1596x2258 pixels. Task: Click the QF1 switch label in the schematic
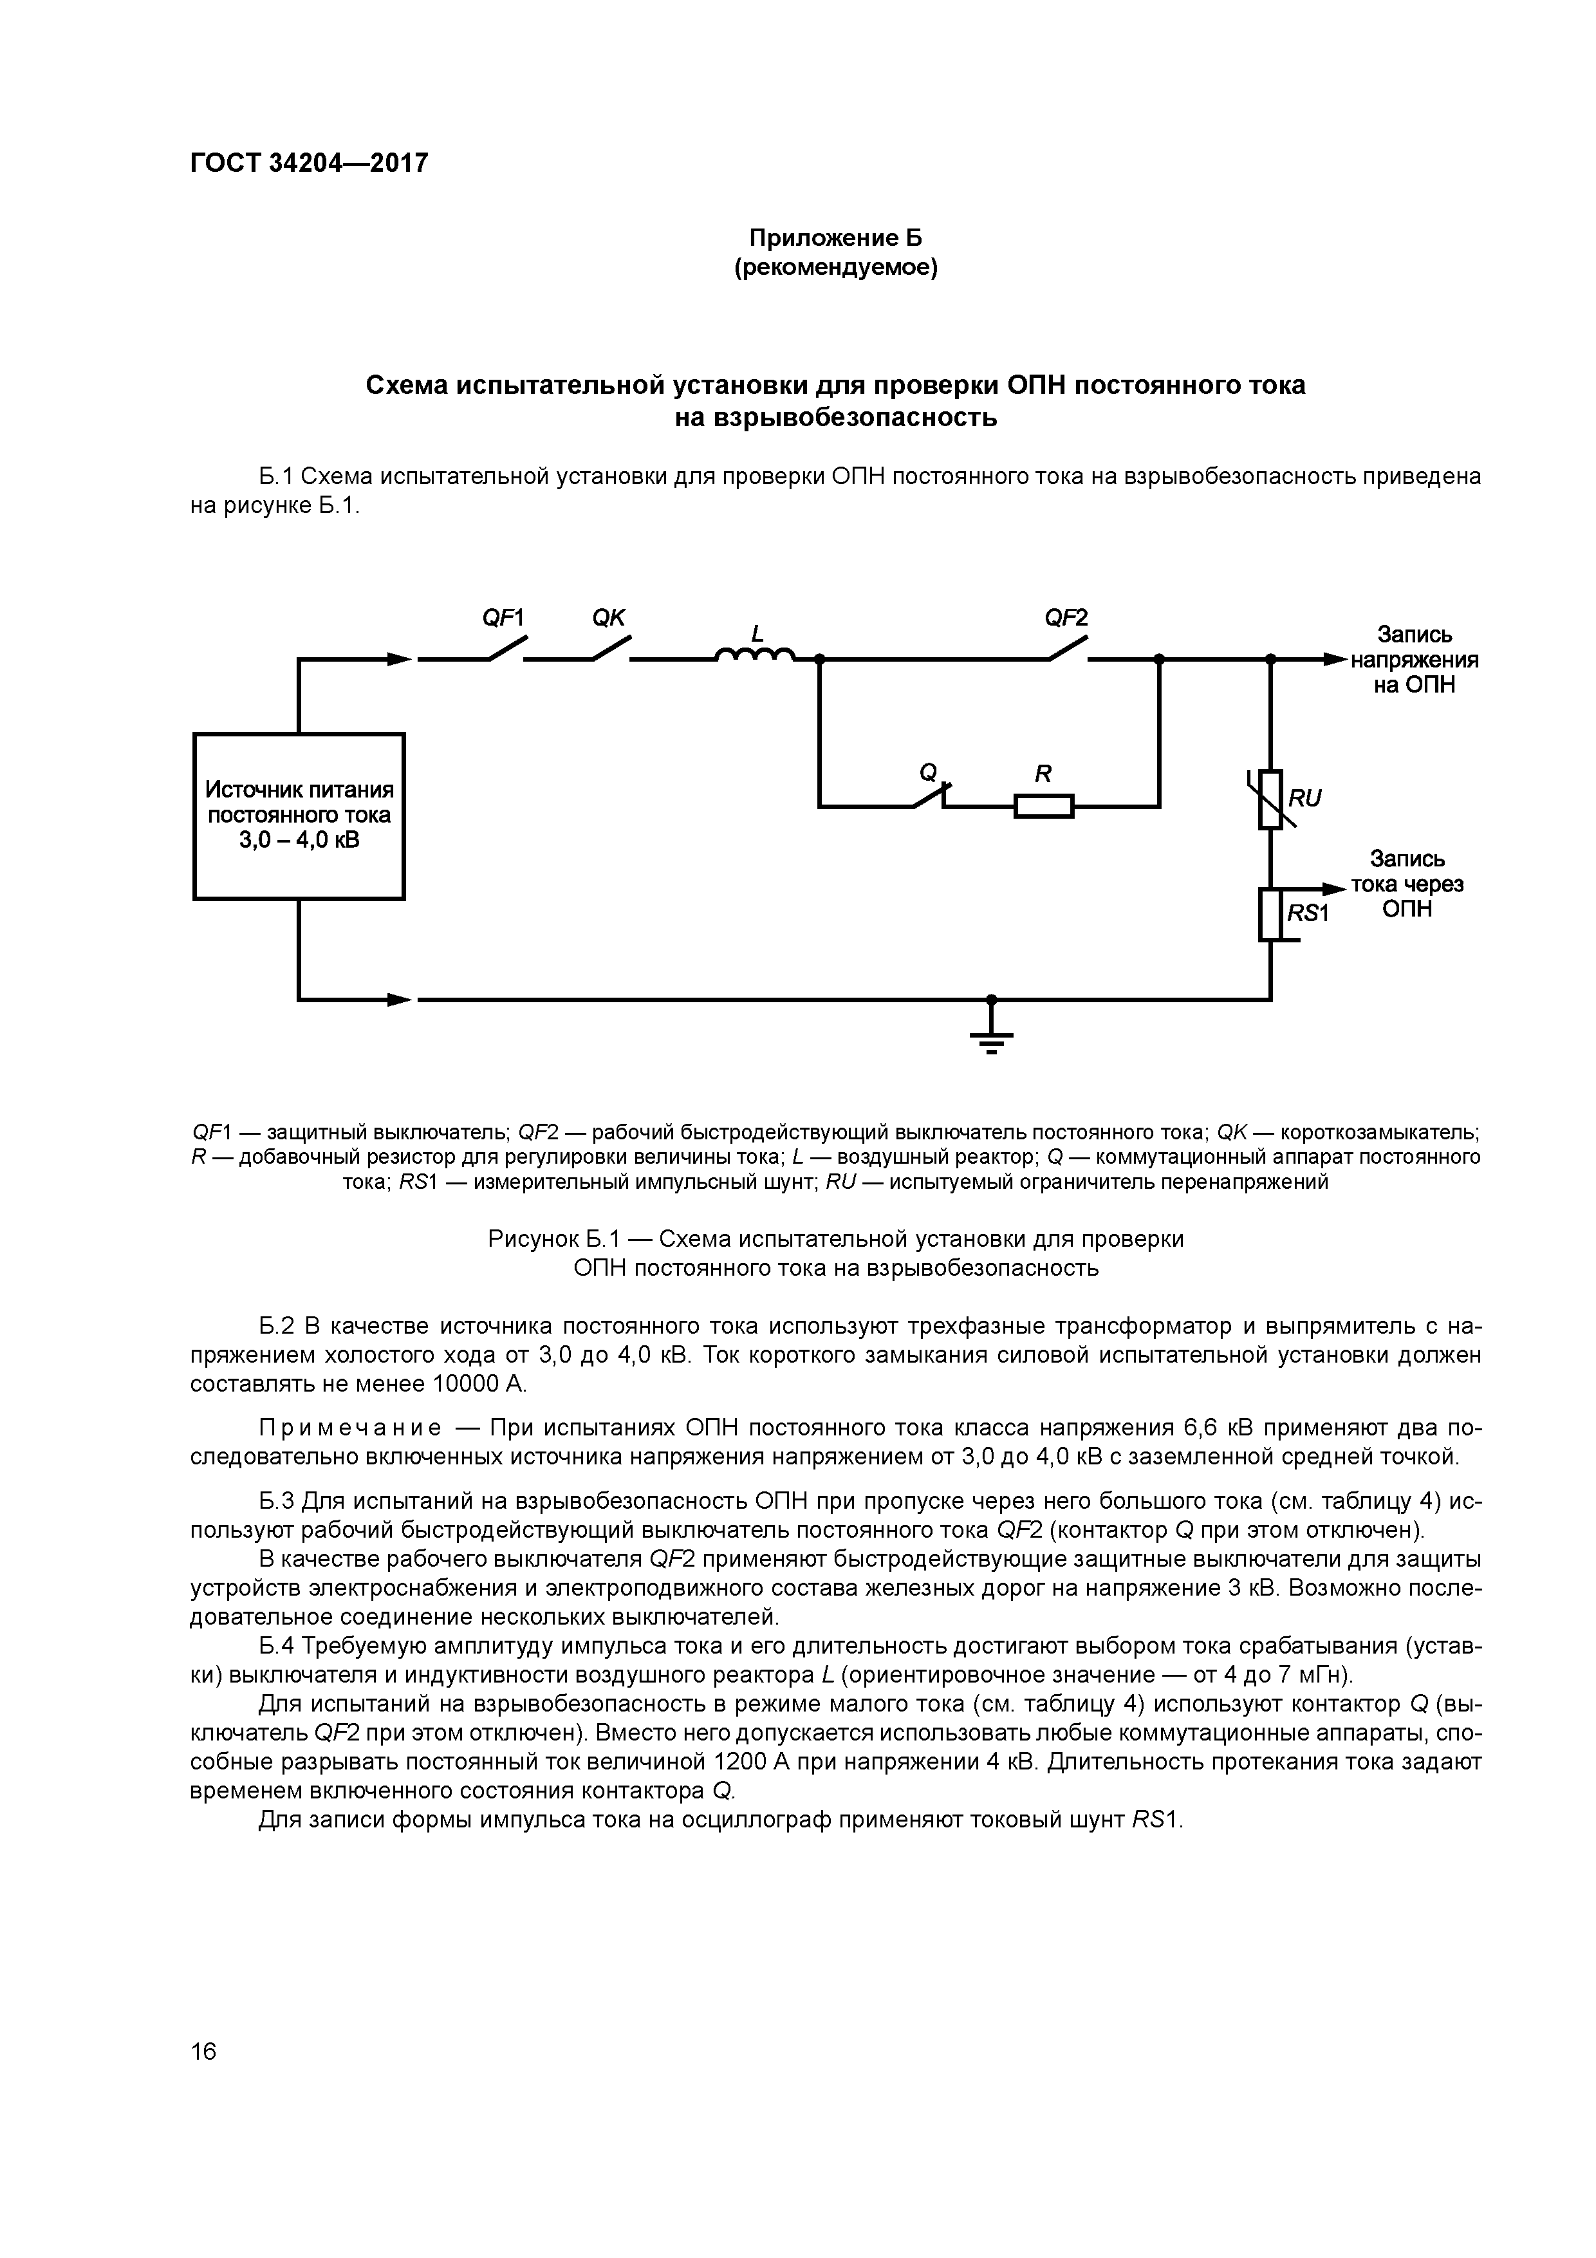tap(503, 618)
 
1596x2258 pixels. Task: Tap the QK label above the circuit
tap(609, 618)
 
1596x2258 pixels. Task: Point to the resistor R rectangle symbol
tap(1043, 807)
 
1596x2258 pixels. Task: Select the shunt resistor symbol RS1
tap(1270, 913)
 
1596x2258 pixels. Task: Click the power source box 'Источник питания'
tap(299, 816)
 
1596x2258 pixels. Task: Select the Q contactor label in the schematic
tap(926, 773)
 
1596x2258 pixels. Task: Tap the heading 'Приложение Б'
tap(836, 238)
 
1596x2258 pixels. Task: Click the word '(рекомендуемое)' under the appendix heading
tap(836, 268)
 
